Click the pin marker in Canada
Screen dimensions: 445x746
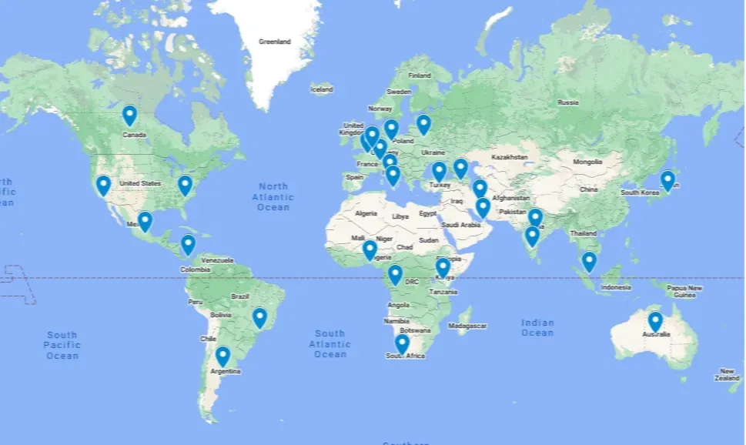pos(129,115)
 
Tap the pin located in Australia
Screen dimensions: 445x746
pos(655,321)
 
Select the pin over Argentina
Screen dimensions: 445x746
pos(222,356)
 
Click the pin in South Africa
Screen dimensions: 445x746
pos(402,343)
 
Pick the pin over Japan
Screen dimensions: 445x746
pos(667,180)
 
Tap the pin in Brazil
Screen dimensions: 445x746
pos(259,317)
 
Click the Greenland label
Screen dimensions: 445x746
pos(275,42)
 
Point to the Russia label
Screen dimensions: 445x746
pos(567,102)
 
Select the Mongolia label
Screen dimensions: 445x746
pos(587,162)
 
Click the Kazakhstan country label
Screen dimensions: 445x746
pos(510,157)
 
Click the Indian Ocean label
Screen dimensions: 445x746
pos(537,327)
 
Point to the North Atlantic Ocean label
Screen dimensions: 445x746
pos(273,196)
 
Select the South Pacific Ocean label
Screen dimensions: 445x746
pos(62,345)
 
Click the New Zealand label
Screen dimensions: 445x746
pos(728,374)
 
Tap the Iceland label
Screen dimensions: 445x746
pos(322,90)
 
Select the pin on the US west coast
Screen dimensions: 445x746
pos(103,185)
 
